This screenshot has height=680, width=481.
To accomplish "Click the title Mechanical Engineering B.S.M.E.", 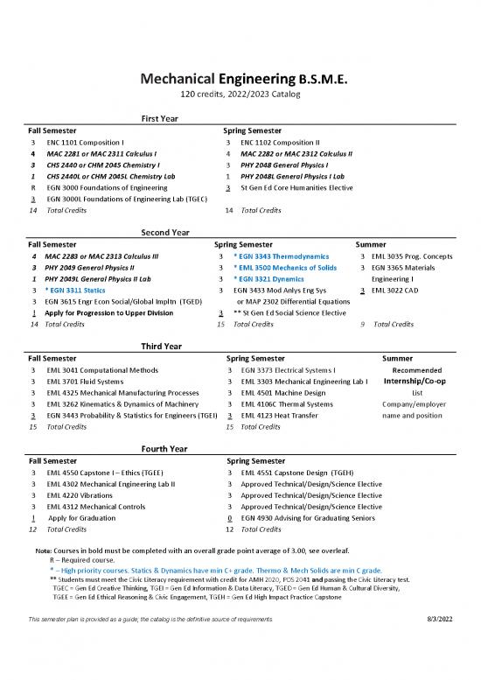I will (240, 80).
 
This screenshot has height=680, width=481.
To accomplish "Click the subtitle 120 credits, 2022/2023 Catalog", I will (240, 95).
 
